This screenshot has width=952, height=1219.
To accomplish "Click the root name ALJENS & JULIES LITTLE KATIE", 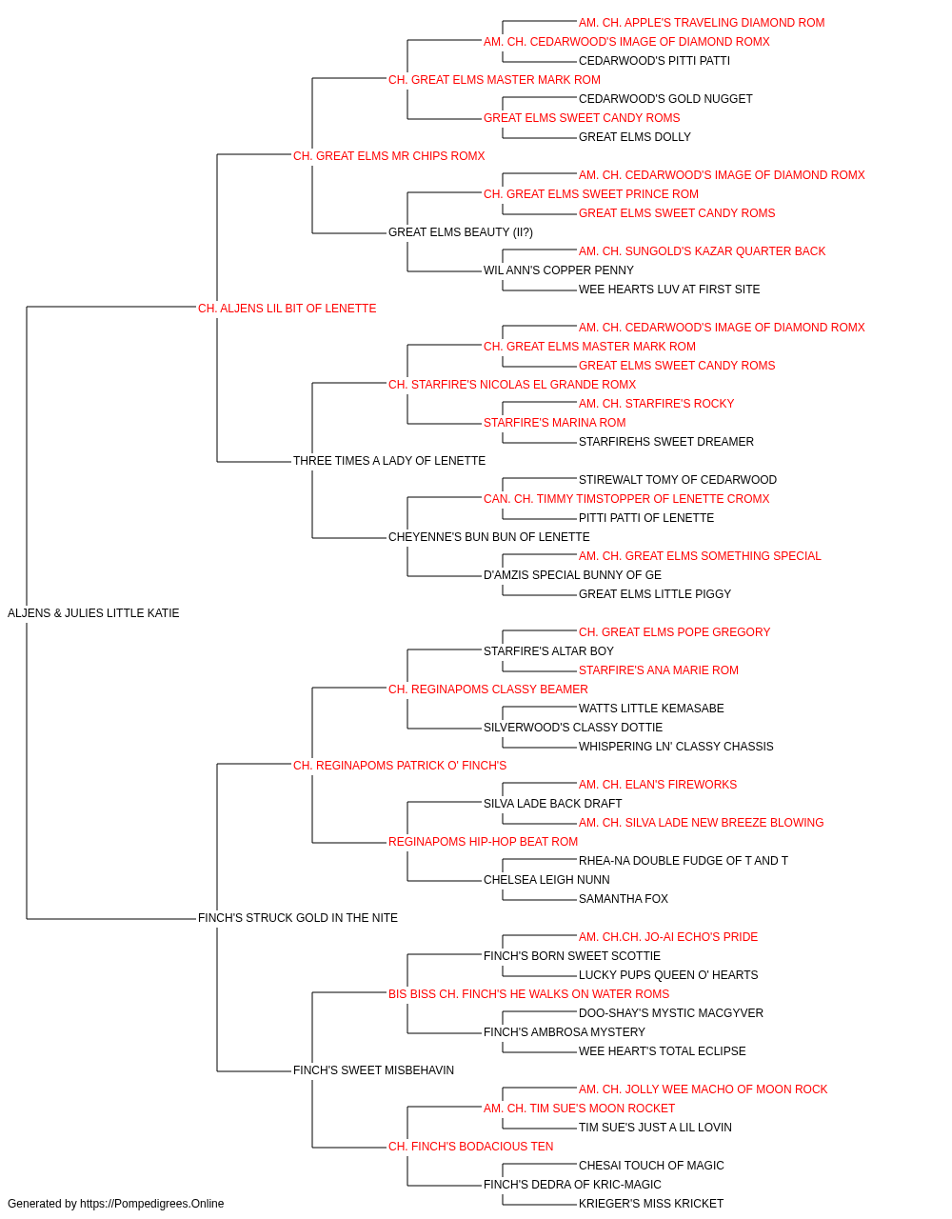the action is click(x=93, y=613).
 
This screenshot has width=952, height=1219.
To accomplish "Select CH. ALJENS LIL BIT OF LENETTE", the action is click(x=288, y=309).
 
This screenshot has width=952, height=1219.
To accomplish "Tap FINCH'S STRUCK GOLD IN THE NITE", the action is click(x=298, y=918).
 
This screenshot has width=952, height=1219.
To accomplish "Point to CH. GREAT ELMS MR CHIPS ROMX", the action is click(x=389, y=156).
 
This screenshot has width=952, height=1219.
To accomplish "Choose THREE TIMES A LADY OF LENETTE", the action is click(x=389, y=461).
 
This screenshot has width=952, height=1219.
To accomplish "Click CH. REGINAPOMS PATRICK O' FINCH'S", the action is click(x=400, y=766).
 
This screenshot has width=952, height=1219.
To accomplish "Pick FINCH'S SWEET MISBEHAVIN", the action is click(x=373, y=1070).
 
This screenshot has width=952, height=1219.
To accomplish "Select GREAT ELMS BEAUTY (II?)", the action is click(x=461, y=232).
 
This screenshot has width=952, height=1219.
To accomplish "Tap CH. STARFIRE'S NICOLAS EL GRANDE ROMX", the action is click(x=512, y=385).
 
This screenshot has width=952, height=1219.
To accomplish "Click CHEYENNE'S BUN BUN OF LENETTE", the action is click(x=489, y=537).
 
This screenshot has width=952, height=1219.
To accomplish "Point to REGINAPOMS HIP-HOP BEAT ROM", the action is click(x=484, y=842).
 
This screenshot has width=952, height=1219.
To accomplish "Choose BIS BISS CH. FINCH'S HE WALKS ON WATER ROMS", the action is click(x=528, y=994).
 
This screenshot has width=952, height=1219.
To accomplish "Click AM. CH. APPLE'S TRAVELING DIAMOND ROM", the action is click(x=702, y=23).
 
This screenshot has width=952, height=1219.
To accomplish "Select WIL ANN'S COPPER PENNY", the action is click(x=559, y=270).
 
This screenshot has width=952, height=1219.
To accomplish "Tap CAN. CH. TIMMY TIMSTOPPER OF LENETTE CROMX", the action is click(x=626, y=499).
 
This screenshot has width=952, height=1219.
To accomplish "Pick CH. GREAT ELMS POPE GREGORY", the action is click(x=674, y=632).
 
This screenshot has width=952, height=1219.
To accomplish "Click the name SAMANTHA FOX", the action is click(x=624, y=899).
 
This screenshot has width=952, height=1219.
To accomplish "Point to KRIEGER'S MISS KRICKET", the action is click(x=651, y=1204).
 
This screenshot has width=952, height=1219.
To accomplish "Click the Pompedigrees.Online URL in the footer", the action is click(x=152, y=1204).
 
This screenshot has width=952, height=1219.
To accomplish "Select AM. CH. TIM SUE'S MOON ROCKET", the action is click(x=579, y=1109).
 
